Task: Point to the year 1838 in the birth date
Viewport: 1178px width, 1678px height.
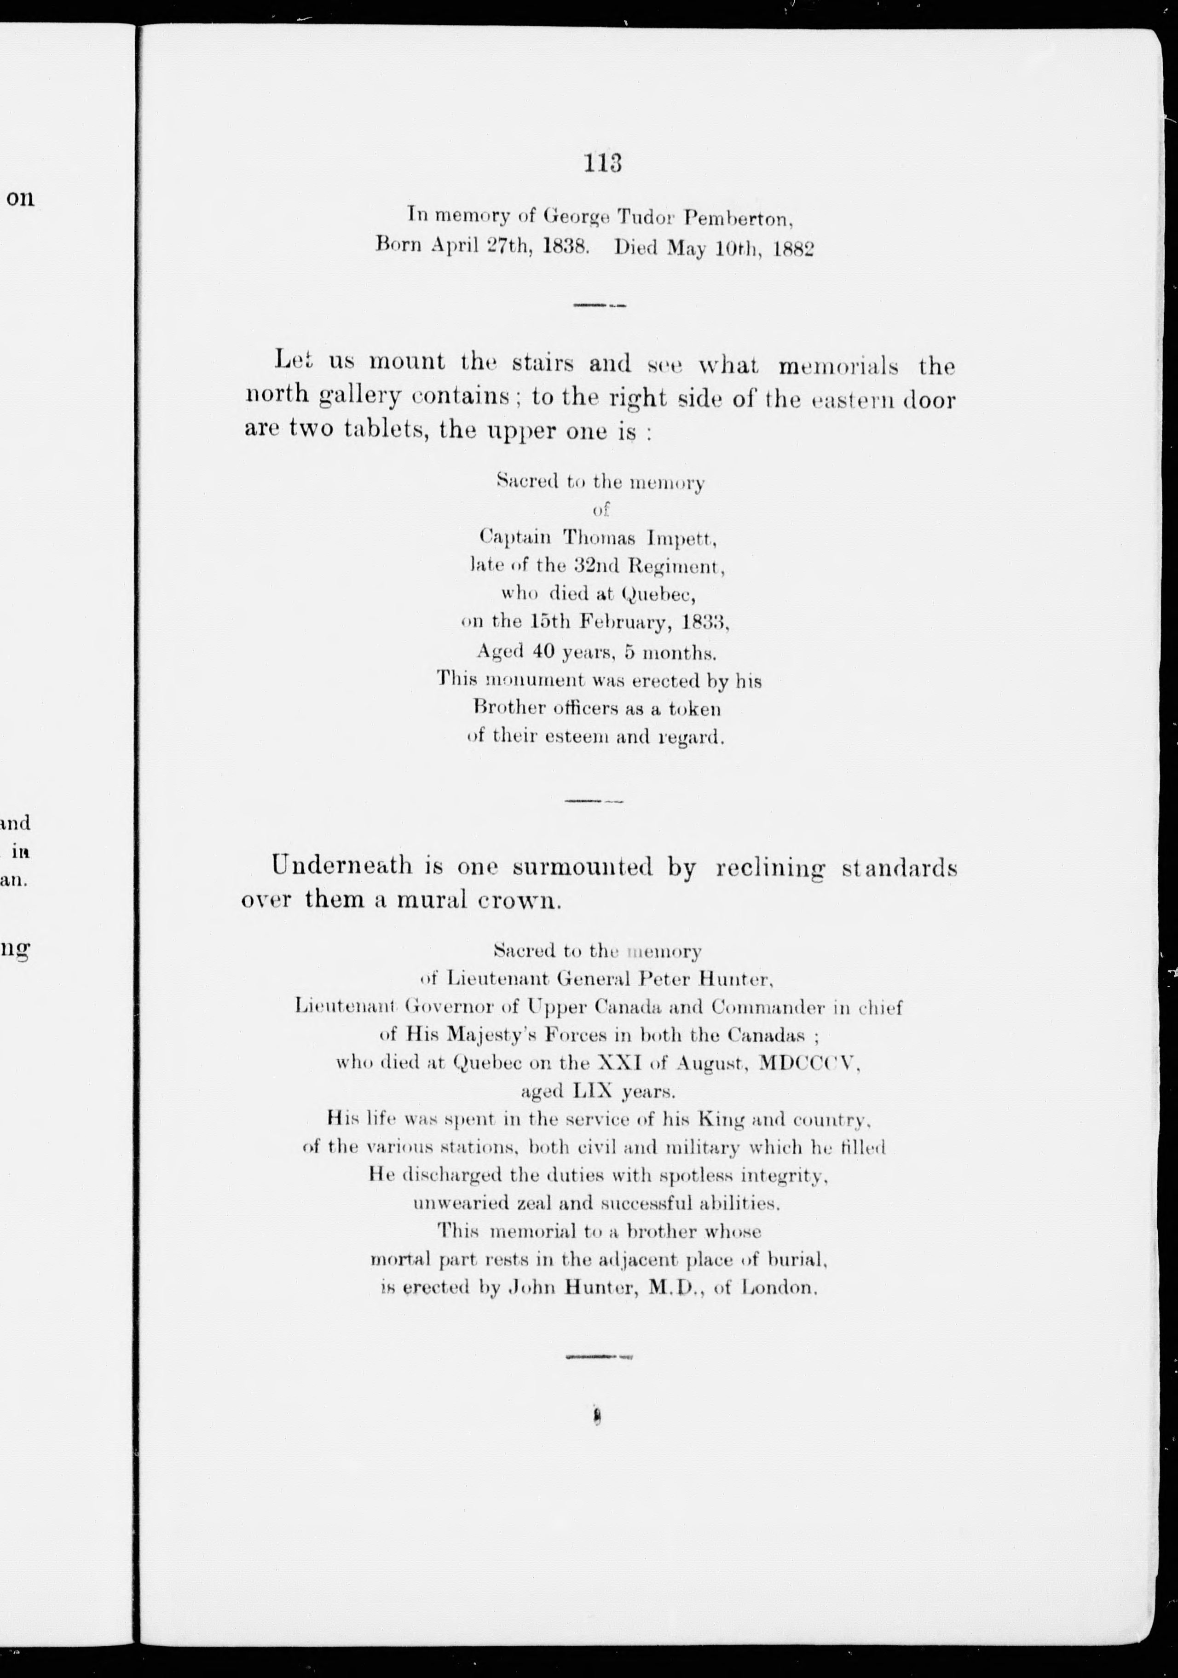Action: [565, 247]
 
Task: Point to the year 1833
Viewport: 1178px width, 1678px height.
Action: [704, 623]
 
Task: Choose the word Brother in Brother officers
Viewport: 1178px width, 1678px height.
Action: [507, 708]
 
